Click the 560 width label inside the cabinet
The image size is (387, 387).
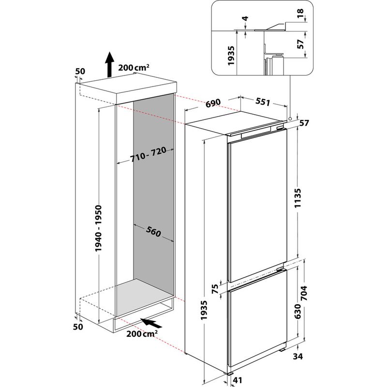pyautogui.click(x=153, y=233)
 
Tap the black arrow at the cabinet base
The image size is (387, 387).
pyautogui.click(x=152, y=323)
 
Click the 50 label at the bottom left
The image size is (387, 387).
pyautogui.click(x=78, y=327)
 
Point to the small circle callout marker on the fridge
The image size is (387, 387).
pyautogui.click(x=289, y=118)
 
